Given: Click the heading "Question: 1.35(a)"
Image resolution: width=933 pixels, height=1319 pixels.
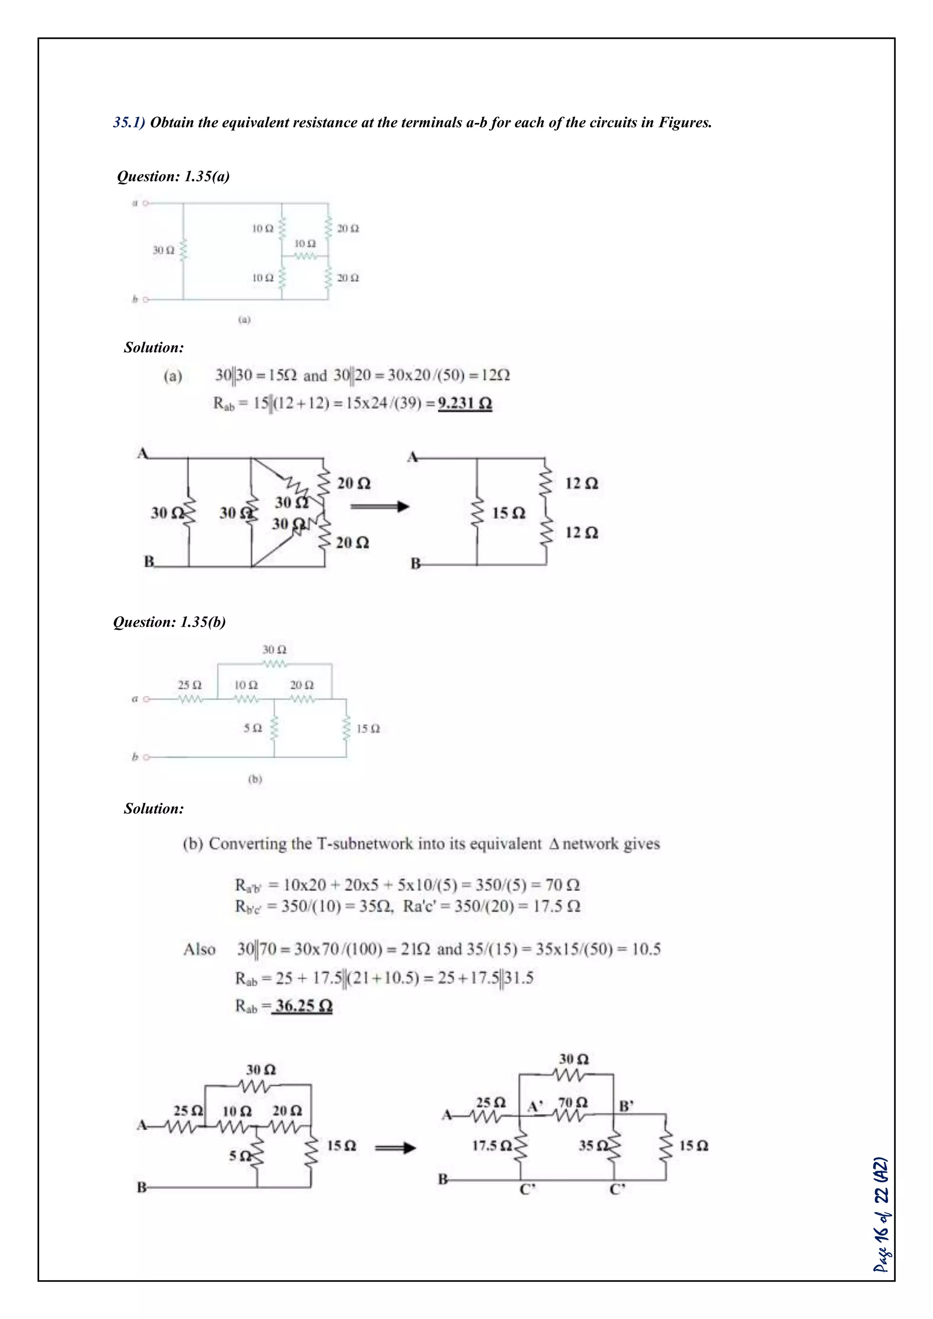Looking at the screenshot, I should (173, 176).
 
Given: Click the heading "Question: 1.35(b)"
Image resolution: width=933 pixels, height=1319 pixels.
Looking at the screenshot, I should (169, 622).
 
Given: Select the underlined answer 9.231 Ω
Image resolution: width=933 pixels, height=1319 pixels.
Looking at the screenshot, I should (465, 403).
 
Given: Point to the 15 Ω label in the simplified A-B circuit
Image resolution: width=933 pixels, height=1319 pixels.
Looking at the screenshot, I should (508, 513).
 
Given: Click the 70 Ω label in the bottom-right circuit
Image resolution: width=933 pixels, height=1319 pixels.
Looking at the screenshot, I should (573, 1102).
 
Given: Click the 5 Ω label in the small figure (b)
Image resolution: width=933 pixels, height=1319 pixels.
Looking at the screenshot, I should (252, 728).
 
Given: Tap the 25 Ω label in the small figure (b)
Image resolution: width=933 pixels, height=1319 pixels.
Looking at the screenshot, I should (190, 685).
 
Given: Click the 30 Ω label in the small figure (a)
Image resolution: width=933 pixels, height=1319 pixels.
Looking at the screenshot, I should (163, 251).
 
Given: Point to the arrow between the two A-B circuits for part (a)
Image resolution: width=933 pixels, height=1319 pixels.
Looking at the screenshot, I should (379, 506).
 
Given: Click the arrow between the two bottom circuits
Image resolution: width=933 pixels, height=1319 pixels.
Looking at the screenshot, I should (395, 1148).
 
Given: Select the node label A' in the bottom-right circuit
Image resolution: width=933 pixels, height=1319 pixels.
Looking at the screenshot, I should (535, 1106).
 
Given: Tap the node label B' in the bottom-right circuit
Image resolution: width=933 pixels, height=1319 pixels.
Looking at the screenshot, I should (626, 1106).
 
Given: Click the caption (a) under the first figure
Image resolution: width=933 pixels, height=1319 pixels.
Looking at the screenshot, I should (245, 320).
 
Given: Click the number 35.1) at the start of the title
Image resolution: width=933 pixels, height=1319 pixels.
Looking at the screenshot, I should (129, 123).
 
